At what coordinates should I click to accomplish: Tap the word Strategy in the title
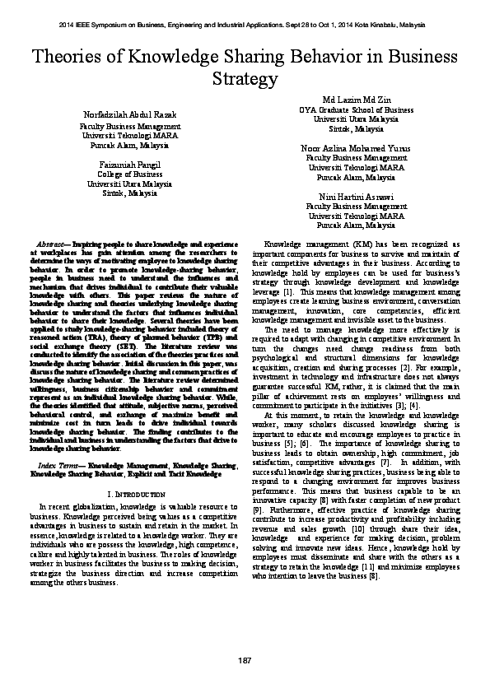[x=245, y=79]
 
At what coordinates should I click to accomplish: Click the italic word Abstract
[x=54, y=245]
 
